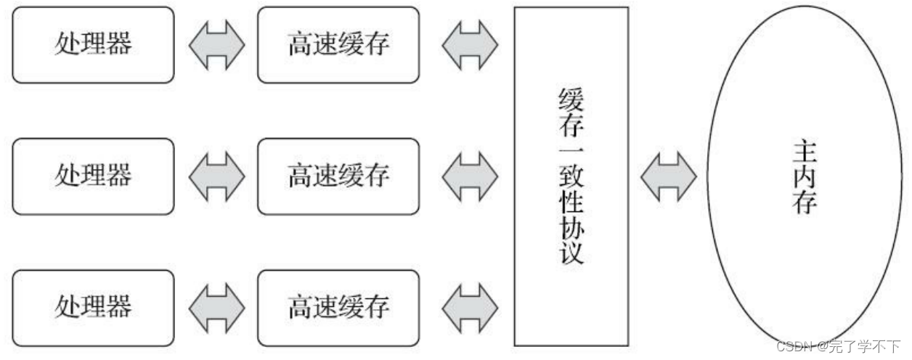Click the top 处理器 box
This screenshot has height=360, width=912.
point(94,45)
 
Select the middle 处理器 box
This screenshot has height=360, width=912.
point(94,176)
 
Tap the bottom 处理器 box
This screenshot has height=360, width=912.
point(94,308)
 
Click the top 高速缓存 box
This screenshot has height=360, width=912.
point(338,45)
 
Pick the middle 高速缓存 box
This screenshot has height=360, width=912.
point(338,176)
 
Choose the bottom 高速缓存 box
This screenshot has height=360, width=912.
point(338,308)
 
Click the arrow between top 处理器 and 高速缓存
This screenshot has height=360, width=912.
point(216,45)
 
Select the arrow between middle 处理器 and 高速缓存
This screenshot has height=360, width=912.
point(216,176)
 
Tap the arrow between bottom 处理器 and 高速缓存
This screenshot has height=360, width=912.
point(216,308)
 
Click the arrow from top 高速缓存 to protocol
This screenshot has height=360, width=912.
point(470,45)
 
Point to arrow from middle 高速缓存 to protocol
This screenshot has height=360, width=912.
point(470,176)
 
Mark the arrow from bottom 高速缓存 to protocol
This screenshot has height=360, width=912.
point(470,308)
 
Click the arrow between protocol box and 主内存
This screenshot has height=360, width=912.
point(668,176)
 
